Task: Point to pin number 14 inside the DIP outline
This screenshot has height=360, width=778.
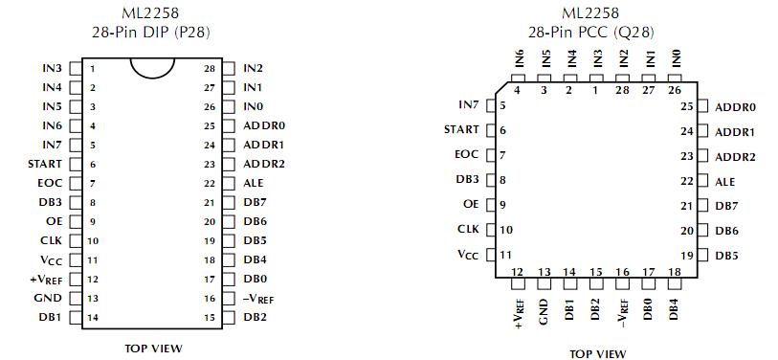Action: tap(93, 317)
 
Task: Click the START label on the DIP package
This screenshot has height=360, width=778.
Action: tap(45, 164)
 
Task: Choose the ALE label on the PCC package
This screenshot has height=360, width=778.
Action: tap(725, 181)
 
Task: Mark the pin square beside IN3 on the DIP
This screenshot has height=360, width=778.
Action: tap(76, 69)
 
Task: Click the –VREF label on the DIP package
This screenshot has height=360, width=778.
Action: tap(257, 298)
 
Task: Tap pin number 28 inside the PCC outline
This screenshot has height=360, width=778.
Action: tap(623, 90)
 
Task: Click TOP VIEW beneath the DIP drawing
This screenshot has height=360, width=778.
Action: tap(153, 349)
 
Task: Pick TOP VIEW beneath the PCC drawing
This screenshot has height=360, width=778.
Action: tap(598, 354)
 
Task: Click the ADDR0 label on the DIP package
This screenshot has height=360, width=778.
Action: tap(264, 125)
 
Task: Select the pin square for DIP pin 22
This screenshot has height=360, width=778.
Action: tap(230, 183)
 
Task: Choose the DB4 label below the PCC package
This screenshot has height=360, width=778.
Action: tap(674, 309)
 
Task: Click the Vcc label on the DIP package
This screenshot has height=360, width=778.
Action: tap(51, 259)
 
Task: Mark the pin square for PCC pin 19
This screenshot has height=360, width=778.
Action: tap(702, 256)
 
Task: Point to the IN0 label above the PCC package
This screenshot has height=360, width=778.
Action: tap(676, 56)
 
